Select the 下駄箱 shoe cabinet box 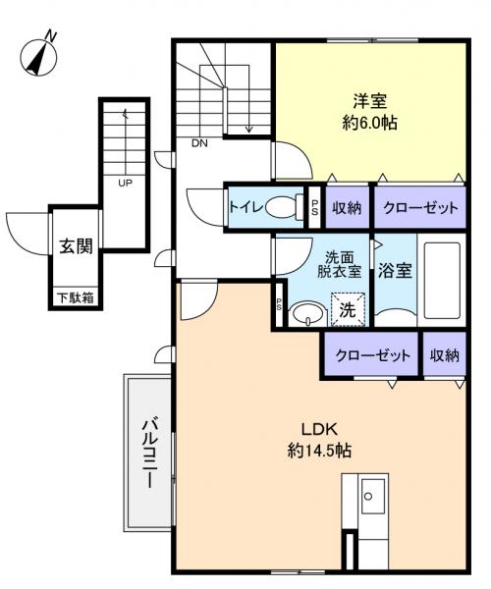[75, 296]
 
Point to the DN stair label [199, 144]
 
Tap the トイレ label [245, 207]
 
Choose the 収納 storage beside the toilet [347, 207]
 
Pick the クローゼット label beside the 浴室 [418, 207]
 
